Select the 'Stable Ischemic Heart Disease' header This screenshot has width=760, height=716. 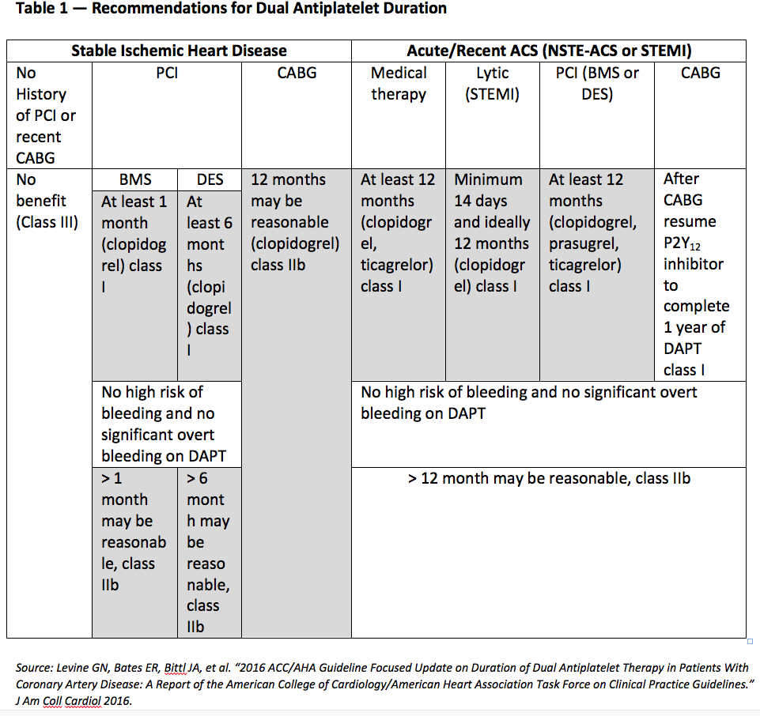[x=179, y=51]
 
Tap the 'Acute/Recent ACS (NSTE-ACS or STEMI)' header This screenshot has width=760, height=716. [x=549, y=51]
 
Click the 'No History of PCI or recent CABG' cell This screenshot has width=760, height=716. [x=47, y=115]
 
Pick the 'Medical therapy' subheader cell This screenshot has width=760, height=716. [x=399, y=84]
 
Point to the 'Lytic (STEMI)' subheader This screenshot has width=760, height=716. [x=492, y=84]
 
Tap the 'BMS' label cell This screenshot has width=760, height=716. [x=135, y=180]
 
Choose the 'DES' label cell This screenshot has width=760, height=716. [x=210, y=180]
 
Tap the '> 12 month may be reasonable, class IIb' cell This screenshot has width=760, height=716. [x=549, y=478]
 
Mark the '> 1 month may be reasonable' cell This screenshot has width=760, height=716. [x=134, y=531]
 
